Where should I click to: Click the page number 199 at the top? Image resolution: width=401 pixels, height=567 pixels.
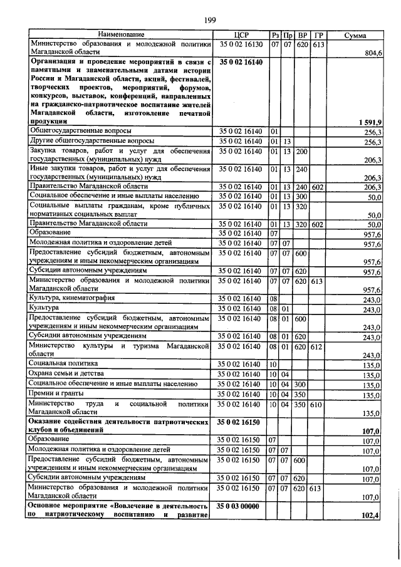coord(209,21)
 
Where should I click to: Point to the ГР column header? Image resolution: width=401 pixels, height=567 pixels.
coord(318,34)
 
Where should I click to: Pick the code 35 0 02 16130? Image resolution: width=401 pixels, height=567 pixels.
coord(241,44)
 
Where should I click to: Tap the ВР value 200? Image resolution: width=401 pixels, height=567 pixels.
coord(302,152)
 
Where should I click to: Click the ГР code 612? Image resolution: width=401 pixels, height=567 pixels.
coord(318,346)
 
